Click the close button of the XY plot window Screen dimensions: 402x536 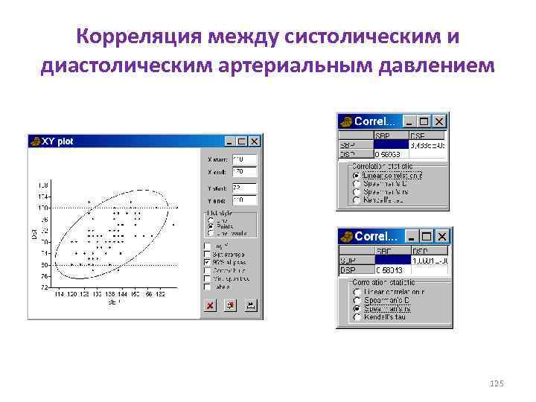(255, 141)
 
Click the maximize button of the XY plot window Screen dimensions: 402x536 (243, 141)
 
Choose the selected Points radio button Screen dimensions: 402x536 (210, 226)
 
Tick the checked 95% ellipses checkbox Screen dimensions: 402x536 (207, 262)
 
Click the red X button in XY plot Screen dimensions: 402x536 (211, 305)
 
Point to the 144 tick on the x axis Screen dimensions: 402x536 (123, 296)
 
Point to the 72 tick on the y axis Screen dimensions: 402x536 (45, 287)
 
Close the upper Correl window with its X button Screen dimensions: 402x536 (440, 121)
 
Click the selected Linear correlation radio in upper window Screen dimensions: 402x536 (357, 176)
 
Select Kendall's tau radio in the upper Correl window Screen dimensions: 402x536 (357, 200)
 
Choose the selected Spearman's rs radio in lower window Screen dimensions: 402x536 (357, 309)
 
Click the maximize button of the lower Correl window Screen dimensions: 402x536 (427, 236)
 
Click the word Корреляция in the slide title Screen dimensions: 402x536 (140, 36)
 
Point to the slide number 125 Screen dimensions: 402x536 (497, 383)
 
